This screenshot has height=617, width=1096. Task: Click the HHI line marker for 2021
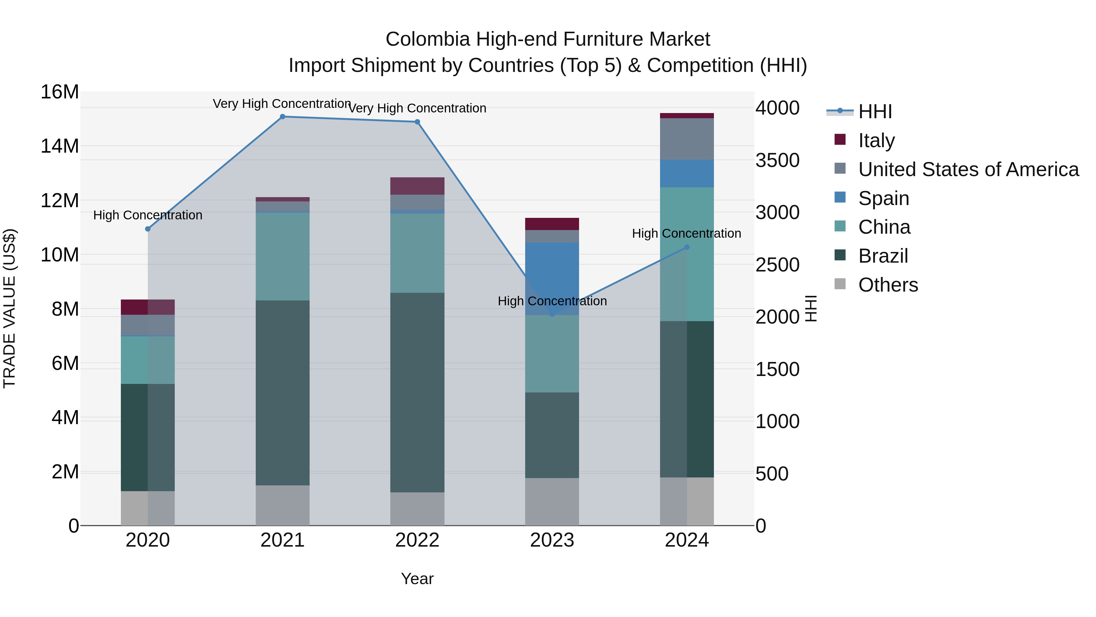(x=283, y=117)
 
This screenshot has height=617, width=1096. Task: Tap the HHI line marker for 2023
(x=552, y=314)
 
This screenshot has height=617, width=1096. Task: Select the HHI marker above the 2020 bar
(x=148, y=229)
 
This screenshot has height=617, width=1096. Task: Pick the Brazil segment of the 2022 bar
(x=417, y=392)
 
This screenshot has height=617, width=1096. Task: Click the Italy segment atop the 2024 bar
(x=687, y=116)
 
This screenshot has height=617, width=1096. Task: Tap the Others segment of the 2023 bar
(x=552, y=502)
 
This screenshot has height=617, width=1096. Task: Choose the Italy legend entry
(x=876, y=140)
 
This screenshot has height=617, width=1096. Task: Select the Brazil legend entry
(x=883, y=256)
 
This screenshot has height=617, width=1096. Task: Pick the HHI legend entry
(x=874, y=112)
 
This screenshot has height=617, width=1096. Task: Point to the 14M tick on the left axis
(x=60, y=146)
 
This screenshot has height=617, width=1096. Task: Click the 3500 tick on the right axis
(x=777, y=161)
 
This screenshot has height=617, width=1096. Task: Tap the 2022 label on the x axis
(x=417, y=540)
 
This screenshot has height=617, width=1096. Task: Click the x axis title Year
(x=417, y=579)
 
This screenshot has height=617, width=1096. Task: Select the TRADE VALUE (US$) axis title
(x=9, y=308)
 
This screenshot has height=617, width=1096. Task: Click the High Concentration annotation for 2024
(x=686, y=233)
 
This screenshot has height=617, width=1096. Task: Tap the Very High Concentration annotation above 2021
(x=282, y=104)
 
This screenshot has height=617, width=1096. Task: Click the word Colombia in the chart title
(x=428, y=39)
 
